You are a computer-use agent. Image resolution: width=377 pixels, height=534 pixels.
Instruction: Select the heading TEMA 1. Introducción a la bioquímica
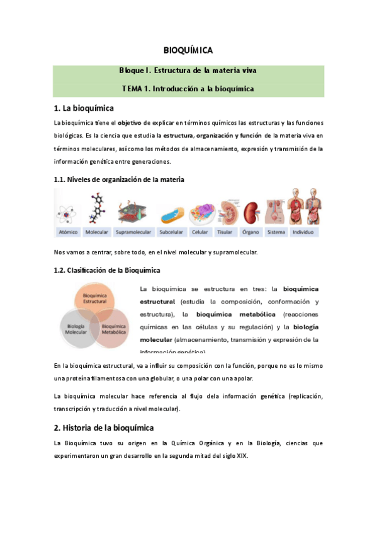pos(188,89)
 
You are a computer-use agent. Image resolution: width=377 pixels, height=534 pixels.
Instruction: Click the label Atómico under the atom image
pos(68,232)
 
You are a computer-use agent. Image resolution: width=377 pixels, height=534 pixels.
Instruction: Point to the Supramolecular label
pos(134,232)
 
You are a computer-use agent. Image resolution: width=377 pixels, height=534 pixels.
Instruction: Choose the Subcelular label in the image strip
pos(171,232)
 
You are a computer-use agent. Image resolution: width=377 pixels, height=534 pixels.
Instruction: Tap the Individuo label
pos(304,232)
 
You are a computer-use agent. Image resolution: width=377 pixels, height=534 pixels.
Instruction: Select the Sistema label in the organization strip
pos(276,232)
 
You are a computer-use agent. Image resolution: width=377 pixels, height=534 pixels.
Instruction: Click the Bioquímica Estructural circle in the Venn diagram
pos(95,300)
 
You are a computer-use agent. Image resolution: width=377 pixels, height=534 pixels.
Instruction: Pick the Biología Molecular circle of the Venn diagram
pos(77,329)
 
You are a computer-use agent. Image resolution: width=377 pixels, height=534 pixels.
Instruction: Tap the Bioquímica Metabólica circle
pos(114,329)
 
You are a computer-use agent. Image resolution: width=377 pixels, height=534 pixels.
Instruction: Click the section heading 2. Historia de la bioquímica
pos(104,428)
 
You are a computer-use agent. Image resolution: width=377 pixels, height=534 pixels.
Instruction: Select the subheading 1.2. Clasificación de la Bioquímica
pos(107,270)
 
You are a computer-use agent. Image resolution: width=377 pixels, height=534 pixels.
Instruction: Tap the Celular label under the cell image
pos(200,232)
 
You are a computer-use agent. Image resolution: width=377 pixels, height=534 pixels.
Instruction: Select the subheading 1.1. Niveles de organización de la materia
pos(120,179)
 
